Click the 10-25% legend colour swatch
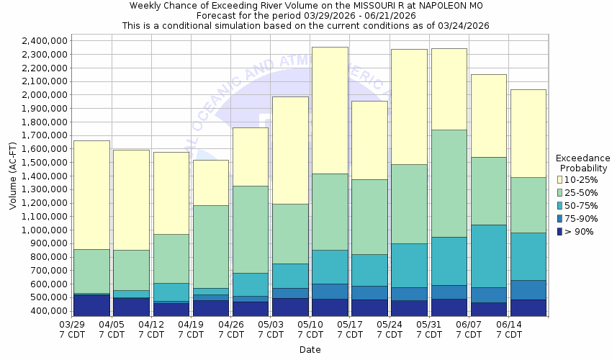(x=559, y=179)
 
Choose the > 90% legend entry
(x=578, y=232)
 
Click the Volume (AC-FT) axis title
(x=13, y=176)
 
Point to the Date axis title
(x=310, y=350)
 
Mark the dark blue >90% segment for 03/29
(x=91, y=305)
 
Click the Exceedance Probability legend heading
(x=583, y=163)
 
